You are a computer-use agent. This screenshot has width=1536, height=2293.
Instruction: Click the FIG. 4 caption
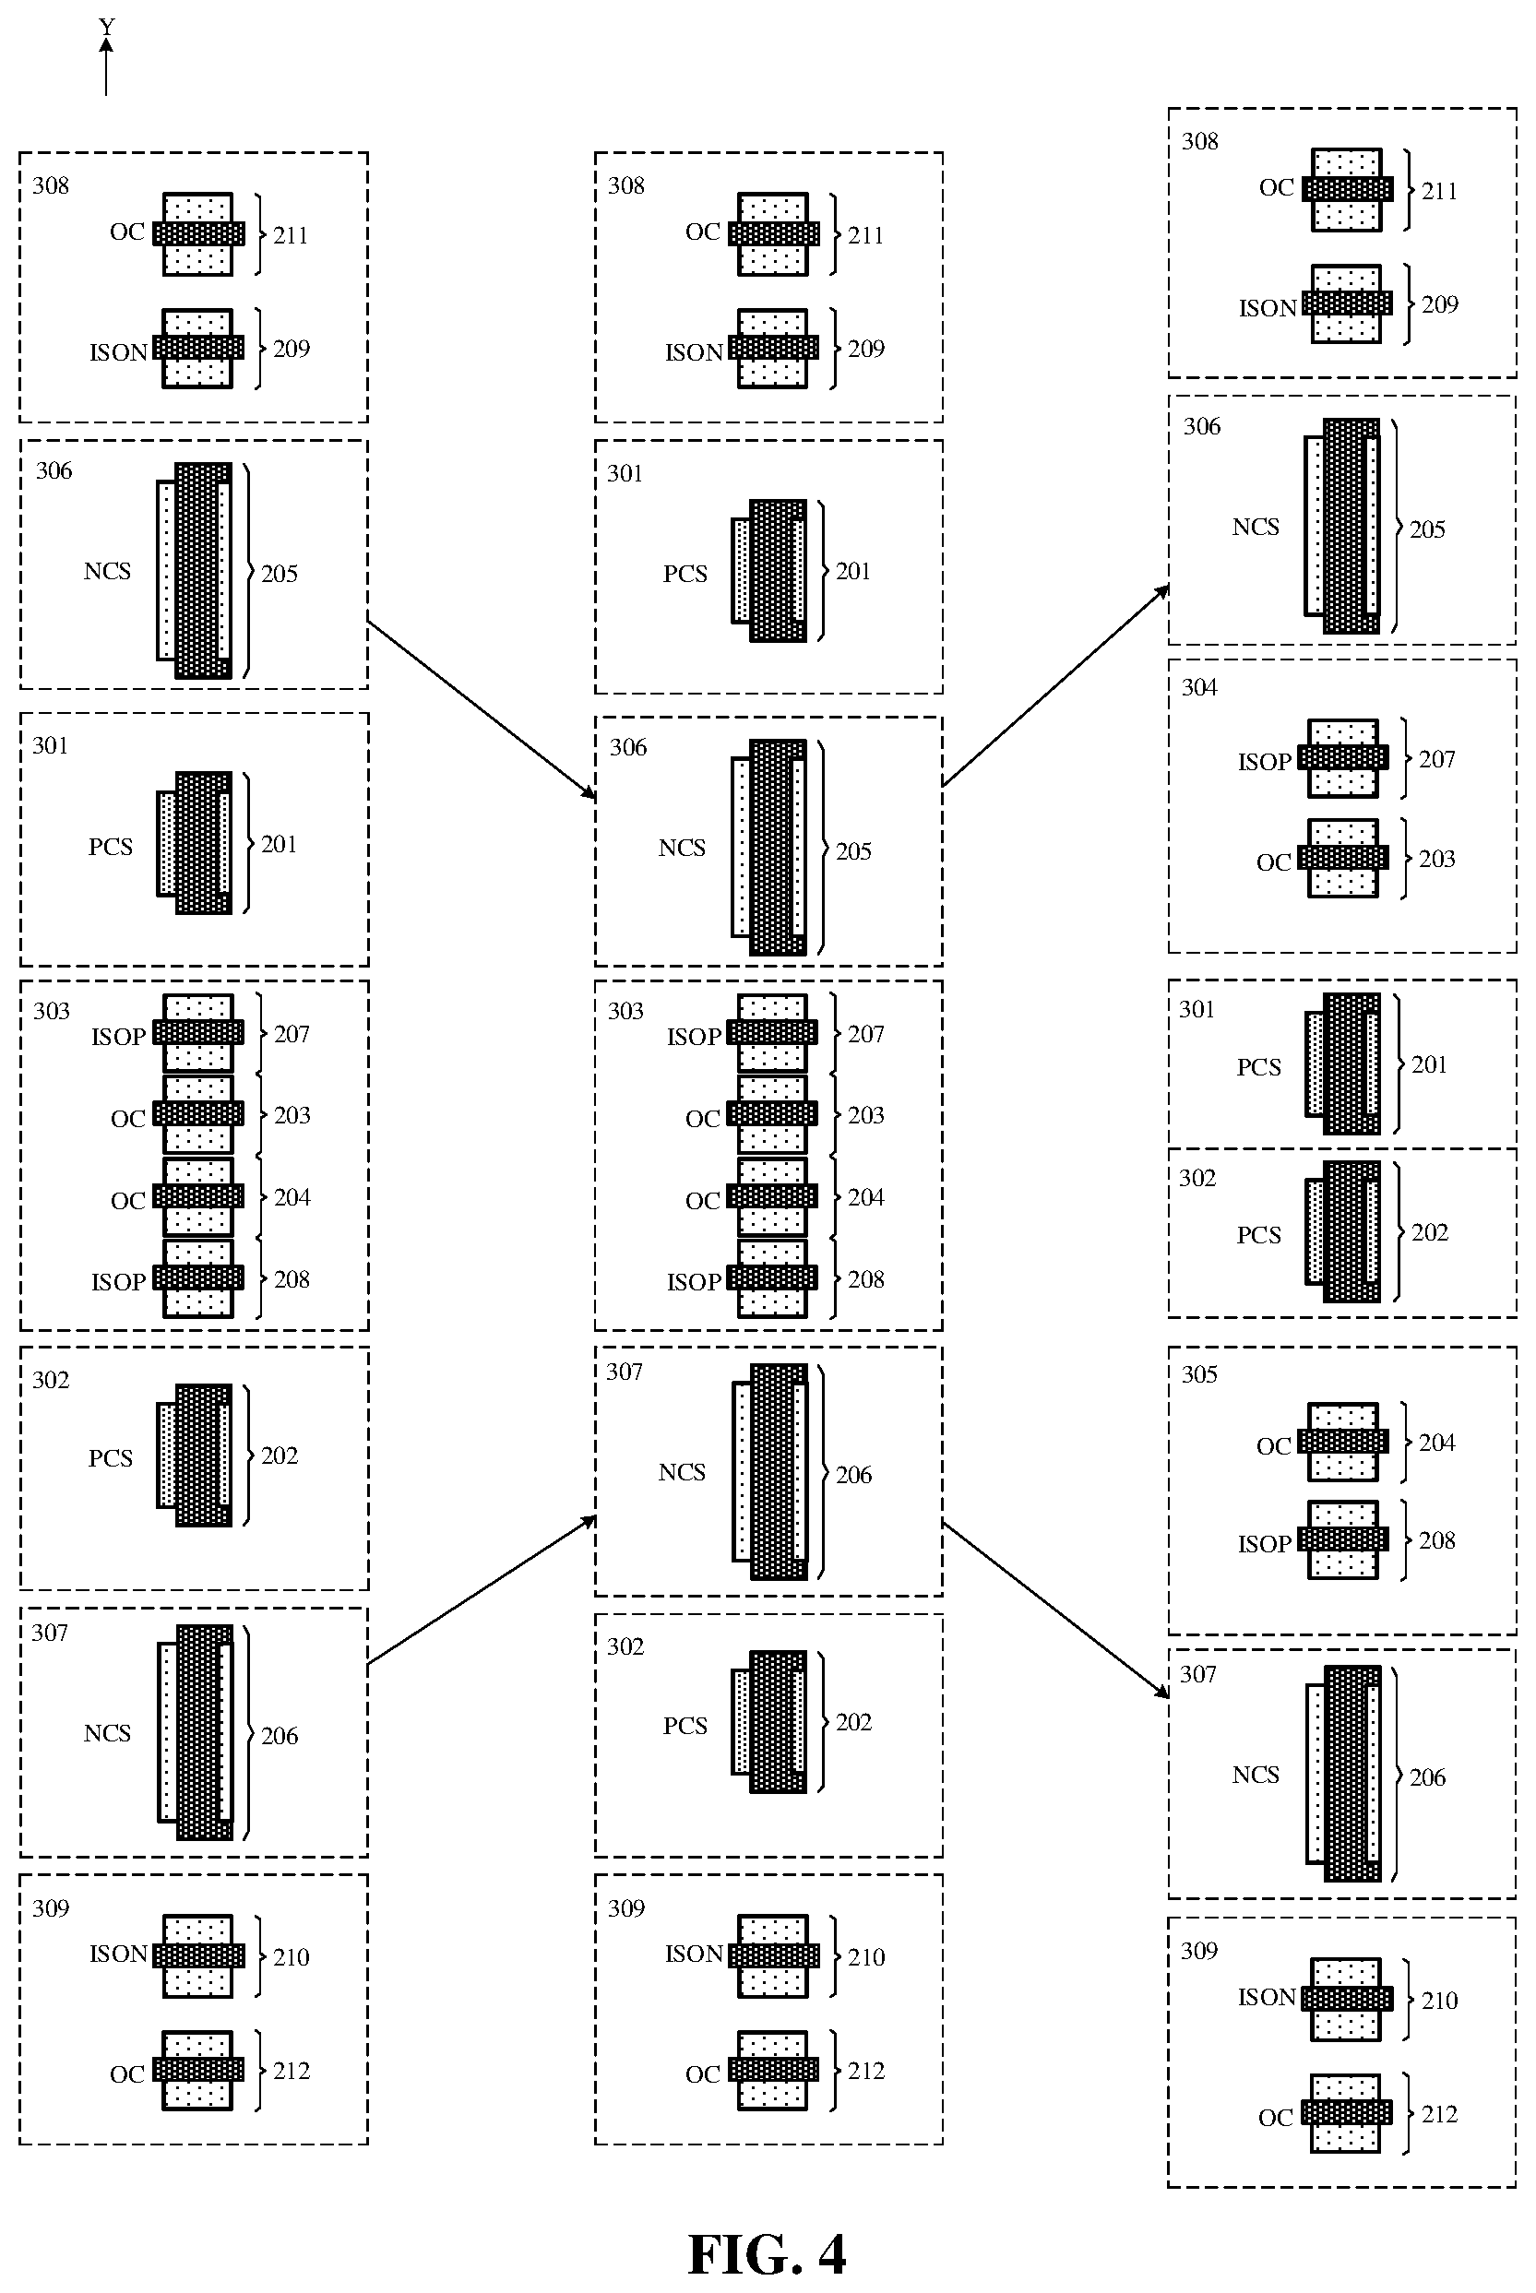click(766, 2254)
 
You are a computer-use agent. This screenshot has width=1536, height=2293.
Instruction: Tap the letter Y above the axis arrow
click(107, 27)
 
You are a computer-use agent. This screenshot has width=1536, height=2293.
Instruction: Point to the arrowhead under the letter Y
click(106, 44)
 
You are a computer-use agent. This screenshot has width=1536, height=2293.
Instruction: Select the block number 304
click(1199, 687)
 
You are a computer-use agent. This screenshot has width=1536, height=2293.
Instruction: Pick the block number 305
click(1199, 1374)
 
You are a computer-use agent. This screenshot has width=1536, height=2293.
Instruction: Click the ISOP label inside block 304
click(1265, 761)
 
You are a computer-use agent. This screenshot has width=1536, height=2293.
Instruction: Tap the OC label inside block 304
click(1273, 862)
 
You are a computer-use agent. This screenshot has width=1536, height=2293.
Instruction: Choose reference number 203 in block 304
click(1437, 858)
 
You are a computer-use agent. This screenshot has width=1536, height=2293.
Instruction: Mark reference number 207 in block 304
click(1437, 758)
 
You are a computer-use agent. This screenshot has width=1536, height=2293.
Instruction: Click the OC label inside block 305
click(1273, 1445)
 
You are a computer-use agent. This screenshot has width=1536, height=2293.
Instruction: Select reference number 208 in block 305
click(1437, 1539)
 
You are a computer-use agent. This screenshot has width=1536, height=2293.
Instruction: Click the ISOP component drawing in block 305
click(1343, 1539)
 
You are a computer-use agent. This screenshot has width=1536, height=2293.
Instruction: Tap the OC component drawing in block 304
click(1343, 858)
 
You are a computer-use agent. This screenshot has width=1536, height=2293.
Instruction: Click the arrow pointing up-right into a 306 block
click(1055, 685)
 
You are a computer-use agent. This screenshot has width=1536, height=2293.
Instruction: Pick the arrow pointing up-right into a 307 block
click(481, 1590)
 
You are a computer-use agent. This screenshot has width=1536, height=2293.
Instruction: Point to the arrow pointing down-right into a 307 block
click(1055, 1610)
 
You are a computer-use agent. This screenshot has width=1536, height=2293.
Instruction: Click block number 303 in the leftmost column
click(51, 1011)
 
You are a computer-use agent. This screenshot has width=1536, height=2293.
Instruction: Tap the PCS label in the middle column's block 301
click(685, 573)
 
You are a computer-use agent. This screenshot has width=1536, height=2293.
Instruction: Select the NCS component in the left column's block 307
click(196, 1733)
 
